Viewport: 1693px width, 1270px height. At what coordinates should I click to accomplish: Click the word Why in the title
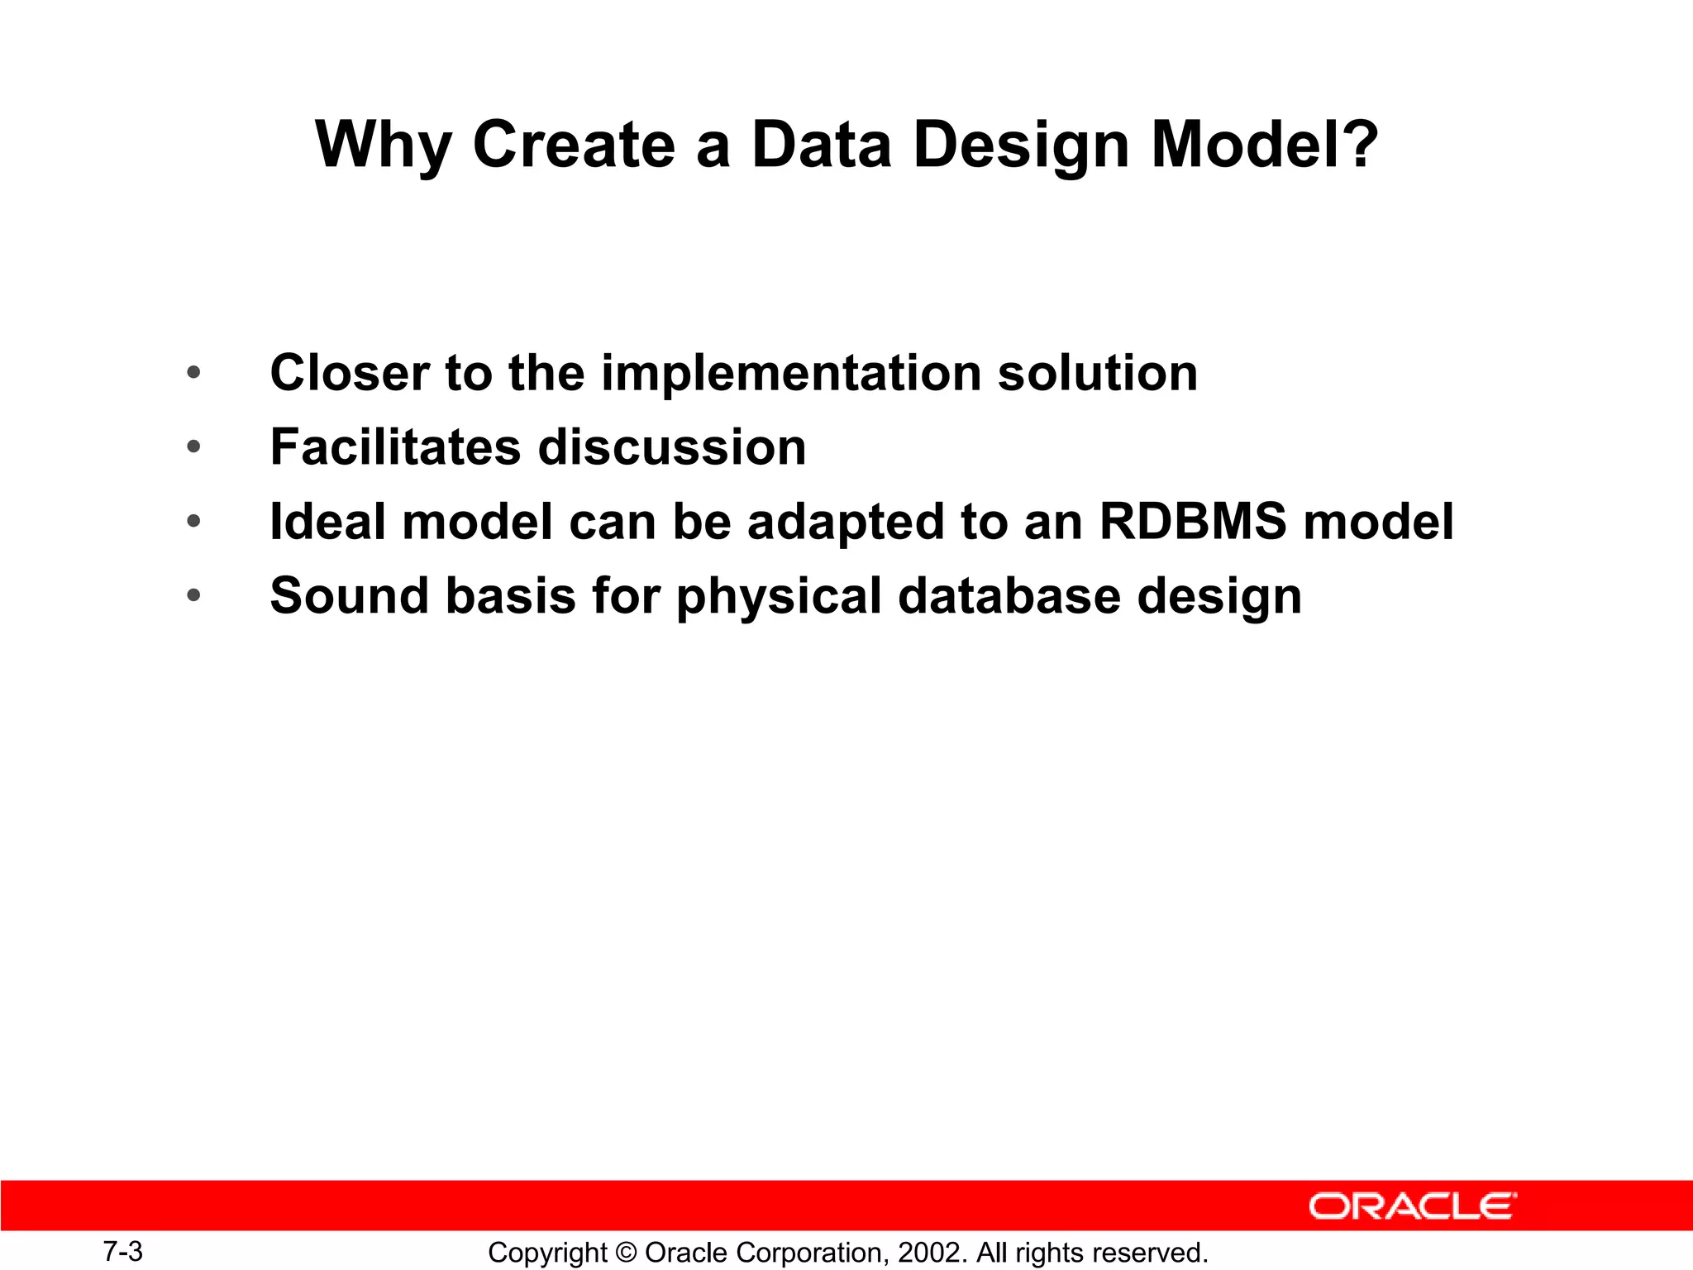(384, 146)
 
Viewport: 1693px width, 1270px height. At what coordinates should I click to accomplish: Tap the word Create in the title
(574, 144)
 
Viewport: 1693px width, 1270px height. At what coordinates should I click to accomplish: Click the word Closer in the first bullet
(350, 373)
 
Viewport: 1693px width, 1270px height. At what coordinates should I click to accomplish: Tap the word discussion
(672, 447)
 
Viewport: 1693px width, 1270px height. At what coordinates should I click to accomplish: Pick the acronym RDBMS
(1192, 522)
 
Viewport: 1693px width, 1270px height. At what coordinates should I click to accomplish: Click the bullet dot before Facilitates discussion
(193, 447)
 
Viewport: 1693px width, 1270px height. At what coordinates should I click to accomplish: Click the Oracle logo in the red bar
(1412, 1206)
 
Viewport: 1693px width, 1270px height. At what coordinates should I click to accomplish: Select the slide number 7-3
(122, 1251)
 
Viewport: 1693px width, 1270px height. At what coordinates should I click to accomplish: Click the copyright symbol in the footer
(627, 1253)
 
